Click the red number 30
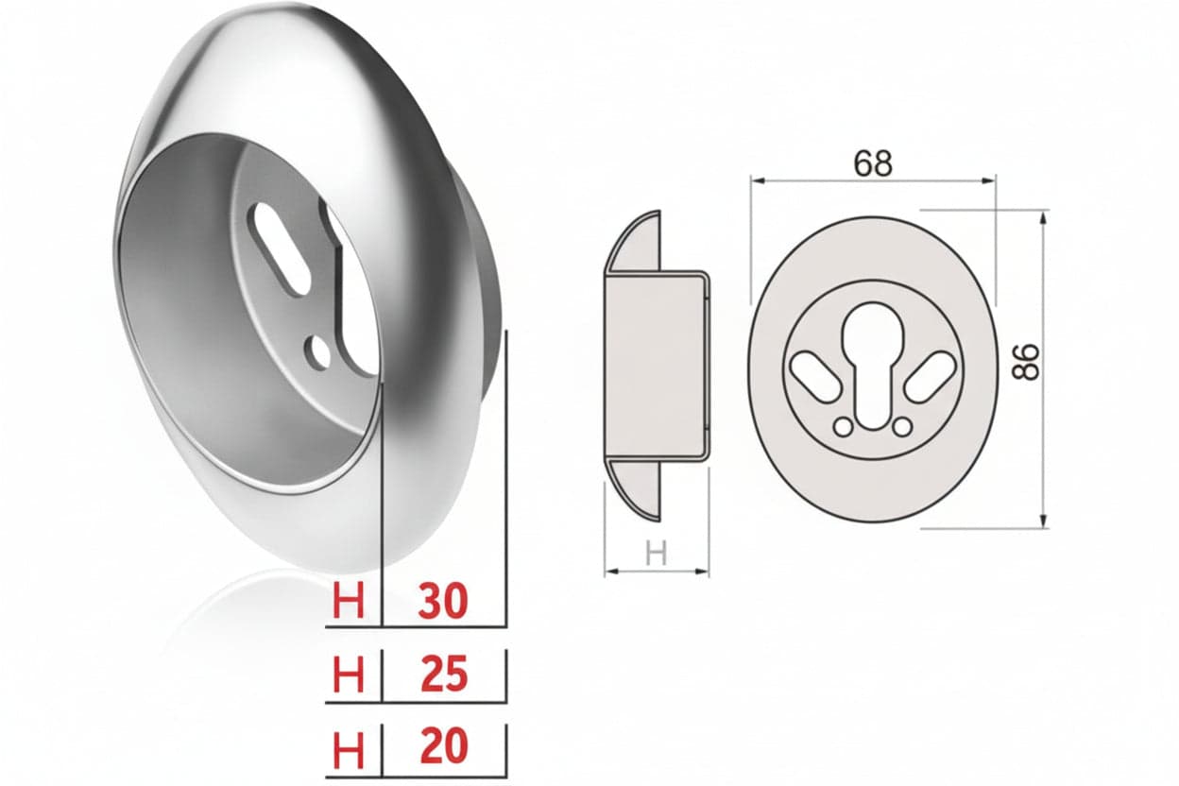click(443, 601)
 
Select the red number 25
click(444, 674)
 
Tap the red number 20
click(444, 745)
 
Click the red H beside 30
click(349, 601)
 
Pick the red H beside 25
click(349, 674)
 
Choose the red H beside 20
click(349, 748)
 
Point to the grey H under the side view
click(656, 554)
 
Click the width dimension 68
click(873, 163)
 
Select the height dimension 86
click(1026, 362)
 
